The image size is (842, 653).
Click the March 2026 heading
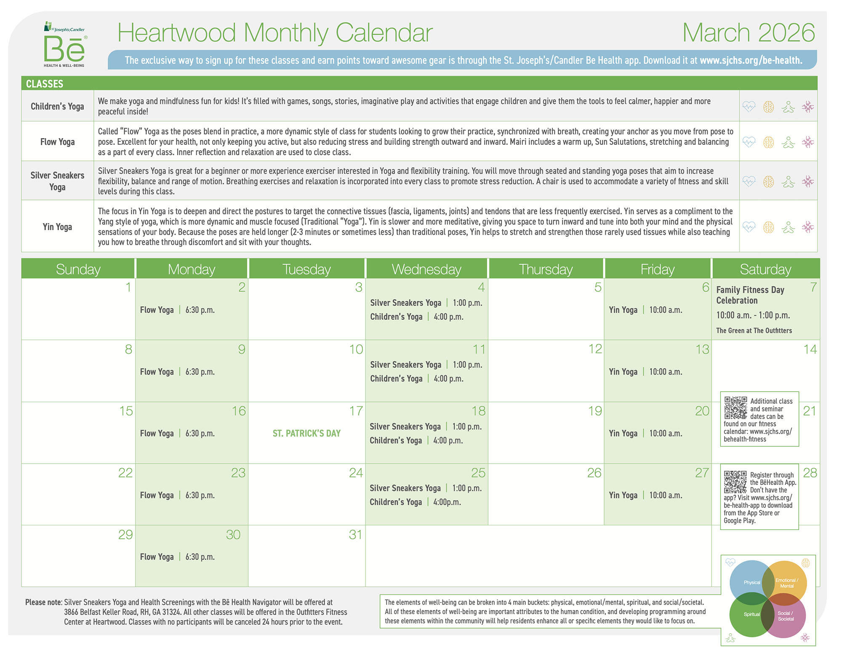(x=749, y=33)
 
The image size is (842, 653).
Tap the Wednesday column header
(x=426, y=269)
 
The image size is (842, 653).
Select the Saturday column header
(x=765, y=269)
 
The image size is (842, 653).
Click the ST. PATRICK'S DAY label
(x=306, y=433)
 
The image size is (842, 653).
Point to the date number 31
(x=355, y=535)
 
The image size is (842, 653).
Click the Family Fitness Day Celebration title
(x=750, y=295)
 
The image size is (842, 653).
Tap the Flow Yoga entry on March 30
(x=177, y=557)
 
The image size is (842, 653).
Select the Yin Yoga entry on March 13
(x=645, y=372)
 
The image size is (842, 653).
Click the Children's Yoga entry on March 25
(x=415, y=502)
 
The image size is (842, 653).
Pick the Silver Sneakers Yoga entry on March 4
(x=426, y=303)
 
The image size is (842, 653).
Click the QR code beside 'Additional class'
(x=735, y=407)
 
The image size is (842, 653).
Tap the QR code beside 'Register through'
(x=735, y=482)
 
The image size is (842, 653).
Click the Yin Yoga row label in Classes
(x=57, y=227)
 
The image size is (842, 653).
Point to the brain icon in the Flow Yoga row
(x=768, y=142)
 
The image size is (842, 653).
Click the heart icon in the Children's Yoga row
(x=749, y=107)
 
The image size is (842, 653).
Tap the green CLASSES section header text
(x=45, y=84)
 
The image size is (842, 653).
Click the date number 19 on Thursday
(x=595, y=411)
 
